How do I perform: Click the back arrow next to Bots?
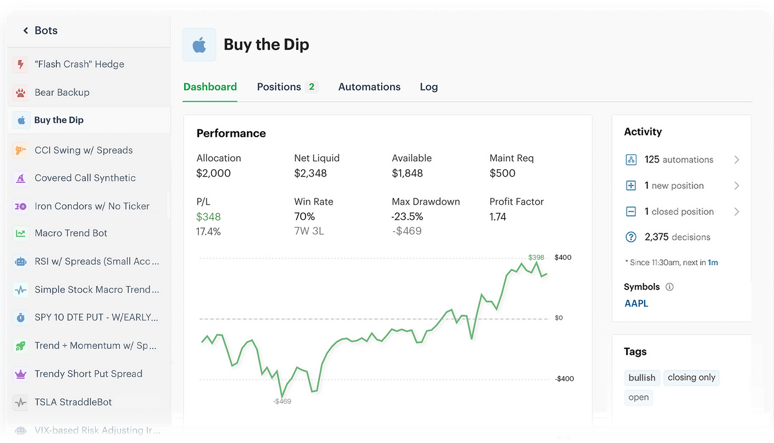coord(26,30)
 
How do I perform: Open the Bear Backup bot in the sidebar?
coord(62,92)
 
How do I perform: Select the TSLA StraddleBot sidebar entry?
coord(73,402)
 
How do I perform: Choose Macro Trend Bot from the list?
coord(71,233)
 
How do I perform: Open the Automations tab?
coord(369,87)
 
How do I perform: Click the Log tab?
coord(429,87)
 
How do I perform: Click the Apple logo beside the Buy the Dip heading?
coord(199,45)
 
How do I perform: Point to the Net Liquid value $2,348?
coord(310,173)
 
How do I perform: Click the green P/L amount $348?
coord(208,217)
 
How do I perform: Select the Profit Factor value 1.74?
coord(498,217)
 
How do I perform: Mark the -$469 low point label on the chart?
coord(283,401)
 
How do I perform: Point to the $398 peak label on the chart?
coord(536,257)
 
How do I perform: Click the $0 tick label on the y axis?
coord(559,318)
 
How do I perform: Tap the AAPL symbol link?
coord(636,303)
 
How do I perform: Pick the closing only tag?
coord(691,377)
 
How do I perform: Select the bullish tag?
coord(642,378)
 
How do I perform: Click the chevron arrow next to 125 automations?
coord(736,160)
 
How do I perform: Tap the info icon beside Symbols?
coord(670,287)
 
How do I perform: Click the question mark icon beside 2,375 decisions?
coord(631,237)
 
